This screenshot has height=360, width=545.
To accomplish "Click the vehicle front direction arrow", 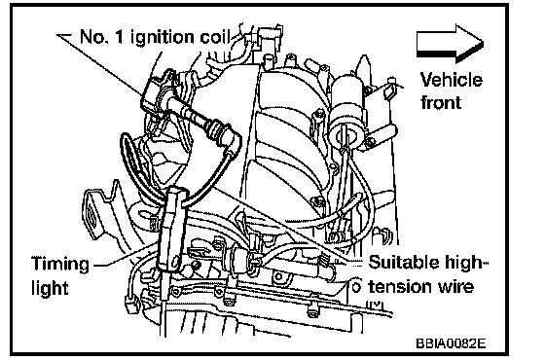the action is (x=450, y=44).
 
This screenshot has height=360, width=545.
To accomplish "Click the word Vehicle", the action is (x=452, y=80).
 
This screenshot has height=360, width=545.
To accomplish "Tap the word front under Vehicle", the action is (x=441, y=102).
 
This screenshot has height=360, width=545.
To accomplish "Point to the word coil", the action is (x=215, y=37).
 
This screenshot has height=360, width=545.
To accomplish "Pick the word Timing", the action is (x=60, y=265).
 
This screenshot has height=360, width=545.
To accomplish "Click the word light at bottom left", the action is (x=50, y=288).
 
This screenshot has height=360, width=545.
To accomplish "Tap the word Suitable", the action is (x=398, y=262).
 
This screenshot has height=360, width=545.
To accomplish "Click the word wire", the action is (x=455, y=287).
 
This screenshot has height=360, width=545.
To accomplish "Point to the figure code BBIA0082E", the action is (x=451, y=343).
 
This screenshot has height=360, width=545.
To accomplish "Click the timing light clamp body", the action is (x=171, y=230).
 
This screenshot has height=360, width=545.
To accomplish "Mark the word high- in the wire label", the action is (x=458, y=263).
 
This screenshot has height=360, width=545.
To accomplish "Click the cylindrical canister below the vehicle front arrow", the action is (x=348, y=111).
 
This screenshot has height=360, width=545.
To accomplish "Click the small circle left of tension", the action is (x=355, y=287).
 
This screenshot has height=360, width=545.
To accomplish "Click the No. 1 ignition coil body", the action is (x=156, y=91).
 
